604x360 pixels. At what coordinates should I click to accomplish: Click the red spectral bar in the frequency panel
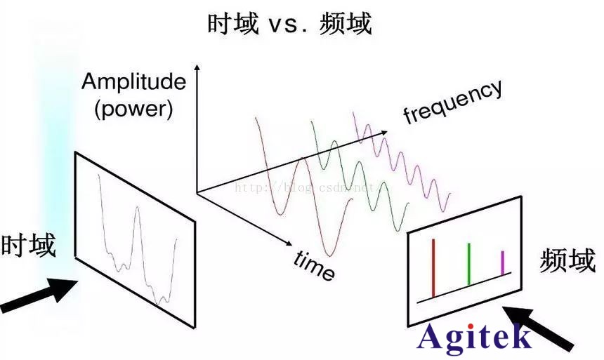point(433,267)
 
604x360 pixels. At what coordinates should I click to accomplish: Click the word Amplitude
point(133,82)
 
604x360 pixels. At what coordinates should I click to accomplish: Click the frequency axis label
point(453,102)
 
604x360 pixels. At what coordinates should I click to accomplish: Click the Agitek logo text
point(474,338)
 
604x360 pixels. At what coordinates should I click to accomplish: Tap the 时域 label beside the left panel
point(28,246)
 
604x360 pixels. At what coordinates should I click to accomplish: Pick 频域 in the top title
point(345,24)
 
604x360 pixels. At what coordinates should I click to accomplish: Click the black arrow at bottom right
point(545,327)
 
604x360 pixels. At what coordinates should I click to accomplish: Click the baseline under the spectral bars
point(464,287)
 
